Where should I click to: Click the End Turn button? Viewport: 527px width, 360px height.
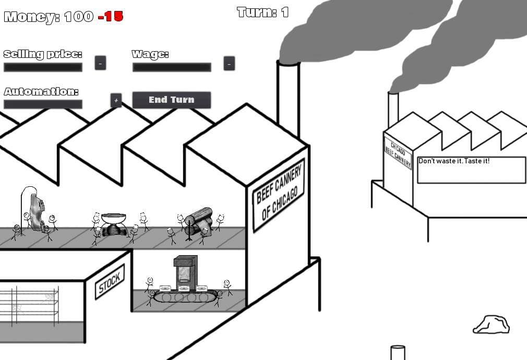(x=172, y=100)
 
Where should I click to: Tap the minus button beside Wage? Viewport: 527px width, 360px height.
(x=229, y=63)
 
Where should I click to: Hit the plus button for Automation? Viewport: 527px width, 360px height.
(x=116, y=100)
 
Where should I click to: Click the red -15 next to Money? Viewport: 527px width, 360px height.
(x=111, y=17)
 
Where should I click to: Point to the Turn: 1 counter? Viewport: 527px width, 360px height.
(x=262, y=13)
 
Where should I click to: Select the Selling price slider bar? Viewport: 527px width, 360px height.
(x=43, y=67)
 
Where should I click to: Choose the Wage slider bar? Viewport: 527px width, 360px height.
(x=172, y=67)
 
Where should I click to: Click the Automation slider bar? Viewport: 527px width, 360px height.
(x=43, y=104)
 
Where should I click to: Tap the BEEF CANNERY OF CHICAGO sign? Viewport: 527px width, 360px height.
(x=279, y=195)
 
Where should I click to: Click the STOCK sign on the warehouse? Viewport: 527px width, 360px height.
(x=110, y=282)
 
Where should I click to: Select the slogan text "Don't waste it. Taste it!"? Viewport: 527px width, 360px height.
(x=454, y=161)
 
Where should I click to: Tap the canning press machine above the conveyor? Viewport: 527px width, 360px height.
(x=185, y=272)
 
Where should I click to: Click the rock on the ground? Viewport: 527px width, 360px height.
(x=492, y=325)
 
